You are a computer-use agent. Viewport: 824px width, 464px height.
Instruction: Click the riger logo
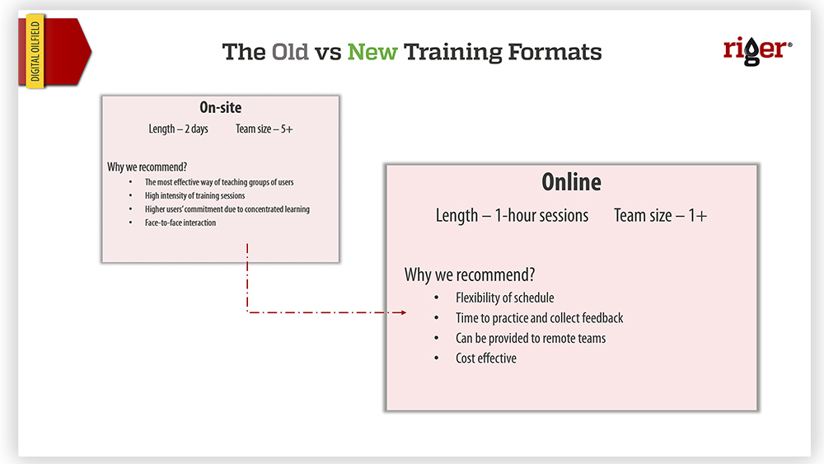(x=757, y=51)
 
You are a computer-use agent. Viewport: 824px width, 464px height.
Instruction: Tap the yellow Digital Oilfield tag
(x=35, y=51)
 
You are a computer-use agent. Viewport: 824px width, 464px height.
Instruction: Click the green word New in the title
(x=372, y=52)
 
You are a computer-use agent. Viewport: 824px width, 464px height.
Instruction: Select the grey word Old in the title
(x=289, y=52)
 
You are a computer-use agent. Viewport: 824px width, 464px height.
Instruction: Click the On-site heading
(x=221, y=108)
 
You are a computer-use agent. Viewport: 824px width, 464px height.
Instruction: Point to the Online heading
(x=571, y=182)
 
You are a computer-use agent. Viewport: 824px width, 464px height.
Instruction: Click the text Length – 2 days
(x=178, y=129)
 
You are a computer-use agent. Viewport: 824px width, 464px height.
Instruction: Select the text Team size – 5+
(x=264, y=129)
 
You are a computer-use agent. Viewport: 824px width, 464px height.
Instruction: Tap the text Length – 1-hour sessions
(x=512, y=215)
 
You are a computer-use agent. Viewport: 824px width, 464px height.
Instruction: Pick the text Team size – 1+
(x=661, y=215)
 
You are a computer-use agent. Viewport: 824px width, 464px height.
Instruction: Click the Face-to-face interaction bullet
(x=180, y=223)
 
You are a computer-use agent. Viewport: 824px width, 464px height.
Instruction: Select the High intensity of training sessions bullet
(x=195, y=195)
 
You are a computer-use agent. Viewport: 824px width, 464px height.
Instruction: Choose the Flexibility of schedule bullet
(x=504, y=298)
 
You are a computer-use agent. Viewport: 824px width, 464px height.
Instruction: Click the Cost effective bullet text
(x=485, y=359)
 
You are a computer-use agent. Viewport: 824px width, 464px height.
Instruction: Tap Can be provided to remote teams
(x=530, y=339)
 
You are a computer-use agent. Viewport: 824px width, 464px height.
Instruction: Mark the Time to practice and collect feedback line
(x=539, y=318)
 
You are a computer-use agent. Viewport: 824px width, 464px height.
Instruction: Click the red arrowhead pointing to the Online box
(x=403, y=312)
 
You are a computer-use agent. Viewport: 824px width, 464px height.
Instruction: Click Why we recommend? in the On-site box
(x=147, y=167)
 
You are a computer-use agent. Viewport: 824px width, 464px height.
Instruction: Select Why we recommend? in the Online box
(x=470, y=274)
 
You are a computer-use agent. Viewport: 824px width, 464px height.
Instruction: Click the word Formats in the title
(x=555, y=52)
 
